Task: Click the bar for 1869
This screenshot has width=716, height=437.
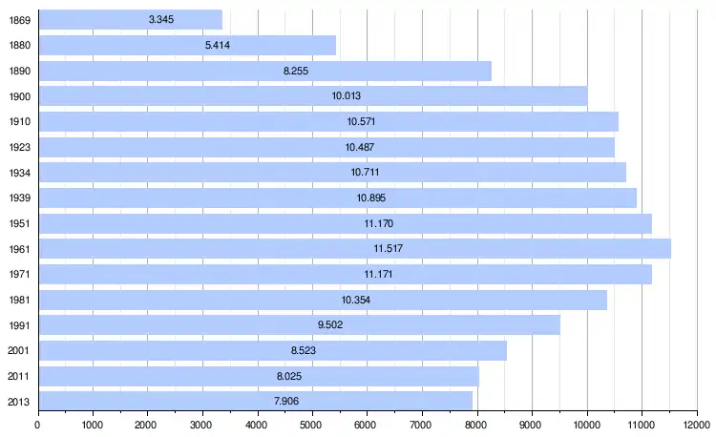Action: pyautogui.click(x=130, y=20)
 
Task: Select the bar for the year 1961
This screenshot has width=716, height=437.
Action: pyautogui.click(x=354, y=249)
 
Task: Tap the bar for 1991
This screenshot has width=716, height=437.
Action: pyautogui.click(x=299, y=325)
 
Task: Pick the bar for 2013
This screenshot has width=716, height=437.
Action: pyautogui.click(x=255, y=401)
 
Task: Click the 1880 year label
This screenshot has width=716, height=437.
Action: pyautogui.click(x=18, y=46)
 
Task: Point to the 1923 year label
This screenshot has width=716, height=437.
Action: pyautogui.click(x=18, y=147)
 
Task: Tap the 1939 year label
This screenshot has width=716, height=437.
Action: pyautogui.click(x=18, y=198)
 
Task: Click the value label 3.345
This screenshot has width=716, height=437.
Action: pyautogui.click(x=161, y=20)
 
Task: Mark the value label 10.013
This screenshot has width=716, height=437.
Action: pyautogui.click(x=346, y=96)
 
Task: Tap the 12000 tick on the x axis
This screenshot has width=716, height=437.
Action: pyautogui.click(x=696, y=426)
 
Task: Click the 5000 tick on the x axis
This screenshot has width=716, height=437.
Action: pyautogui.click(x=312, y=426)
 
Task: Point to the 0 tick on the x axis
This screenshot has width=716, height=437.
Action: pyautogui.click(x=38, y=426)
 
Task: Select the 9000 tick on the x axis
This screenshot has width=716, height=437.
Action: pyautogui.click(x=532, y=426)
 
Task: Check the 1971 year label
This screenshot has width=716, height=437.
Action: pyautogui.click(x=18, y=275)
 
